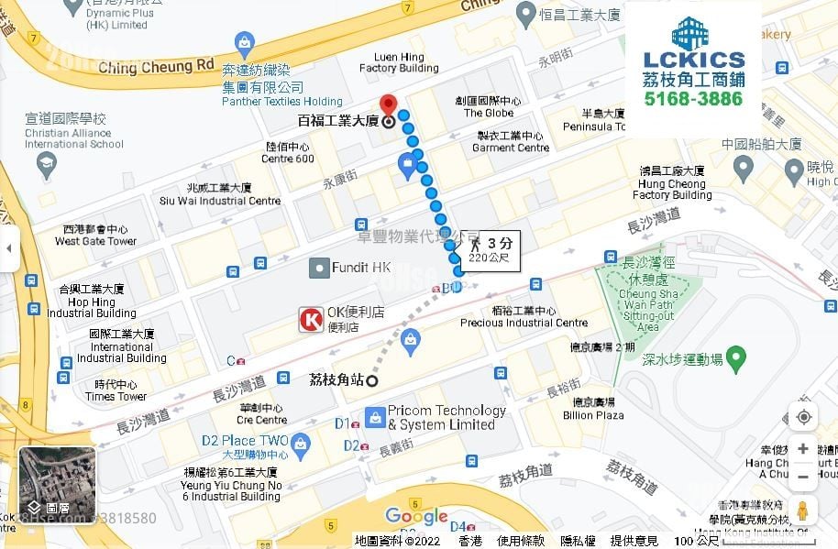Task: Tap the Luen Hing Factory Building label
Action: (398, 62)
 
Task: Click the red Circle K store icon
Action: (311, 319)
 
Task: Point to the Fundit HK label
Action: (361, 268)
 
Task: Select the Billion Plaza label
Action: (593, 409)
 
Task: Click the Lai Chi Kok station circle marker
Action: (372, 381)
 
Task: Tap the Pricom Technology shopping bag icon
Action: (375, 418)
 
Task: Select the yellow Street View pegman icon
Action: (802, 511)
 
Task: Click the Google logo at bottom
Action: (416, 517)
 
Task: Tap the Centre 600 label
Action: (288, 153)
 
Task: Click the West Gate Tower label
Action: (95, 236)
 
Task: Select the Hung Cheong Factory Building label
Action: (672, 183)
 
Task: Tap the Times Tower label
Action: (116, 390)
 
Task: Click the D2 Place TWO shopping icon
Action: (303, 445)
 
